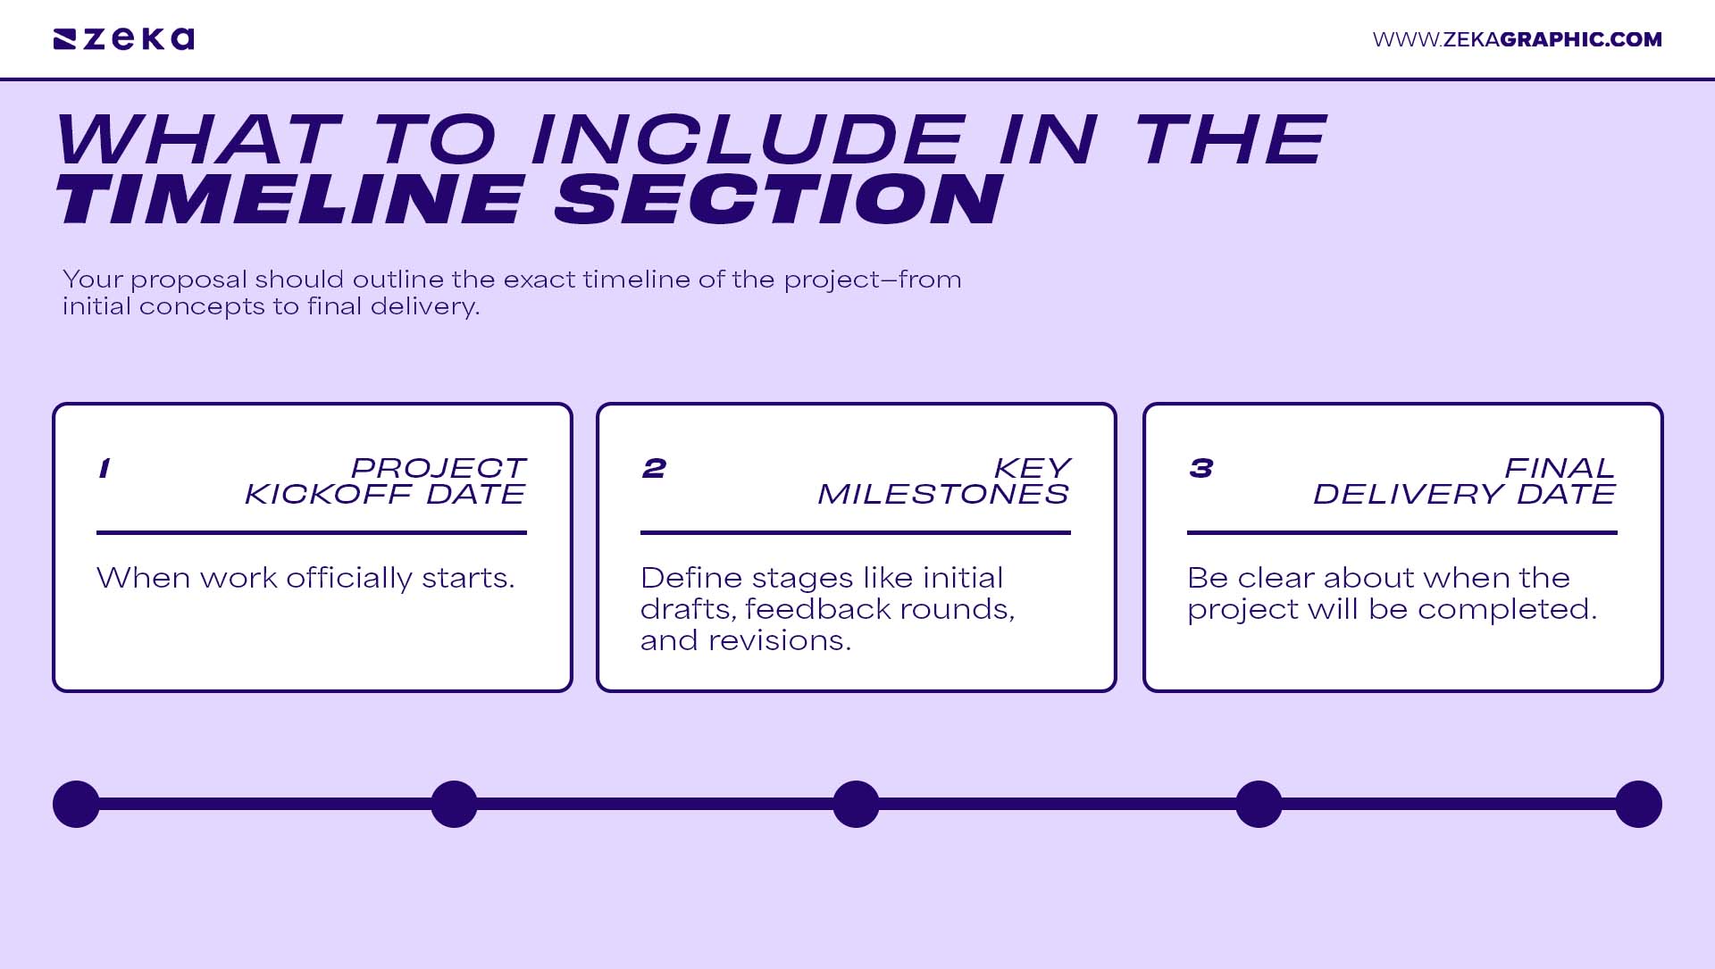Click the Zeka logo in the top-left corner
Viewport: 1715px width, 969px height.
123,39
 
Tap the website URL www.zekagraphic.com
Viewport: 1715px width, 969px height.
1517,39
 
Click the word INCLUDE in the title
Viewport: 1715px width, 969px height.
748,139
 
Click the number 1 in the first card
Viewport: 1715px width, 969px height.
105,468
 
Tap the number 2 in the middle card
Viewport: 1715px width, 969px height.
654,468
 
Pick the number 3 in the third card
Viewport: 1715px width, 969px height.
1200,468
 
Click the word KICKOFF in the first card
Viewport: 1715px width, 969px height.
328,494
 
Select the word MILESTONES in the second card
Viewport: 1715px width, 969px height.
943,494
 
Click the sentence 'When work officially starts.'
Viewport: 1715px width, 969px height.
305,579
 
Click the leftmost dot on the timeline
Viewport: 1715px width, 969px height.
76,804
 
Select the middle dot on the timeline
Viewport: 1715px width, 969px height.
856,804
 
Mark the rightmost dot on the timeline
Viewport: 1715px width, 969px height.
1638,804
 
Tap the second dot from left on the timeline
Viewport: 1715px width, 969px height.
454,804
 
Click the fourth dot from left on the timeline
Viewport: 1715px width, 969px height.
1259,804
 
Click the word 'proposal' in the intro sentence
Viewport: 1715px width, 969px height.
188,280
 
